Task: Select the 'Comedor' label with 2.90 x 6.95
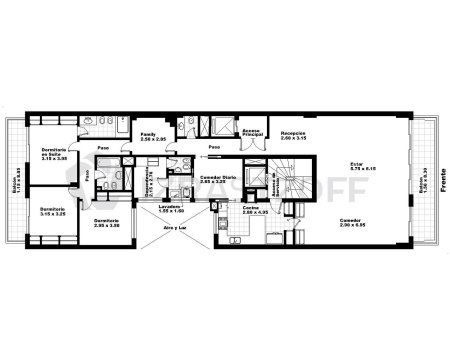coord(349,220)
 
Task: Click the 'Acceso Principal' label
coord(251,133)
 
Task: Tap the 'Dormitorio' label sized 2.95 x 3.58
coord(106,223)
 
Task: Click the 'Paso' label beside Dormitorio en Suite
coord(103,151)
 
